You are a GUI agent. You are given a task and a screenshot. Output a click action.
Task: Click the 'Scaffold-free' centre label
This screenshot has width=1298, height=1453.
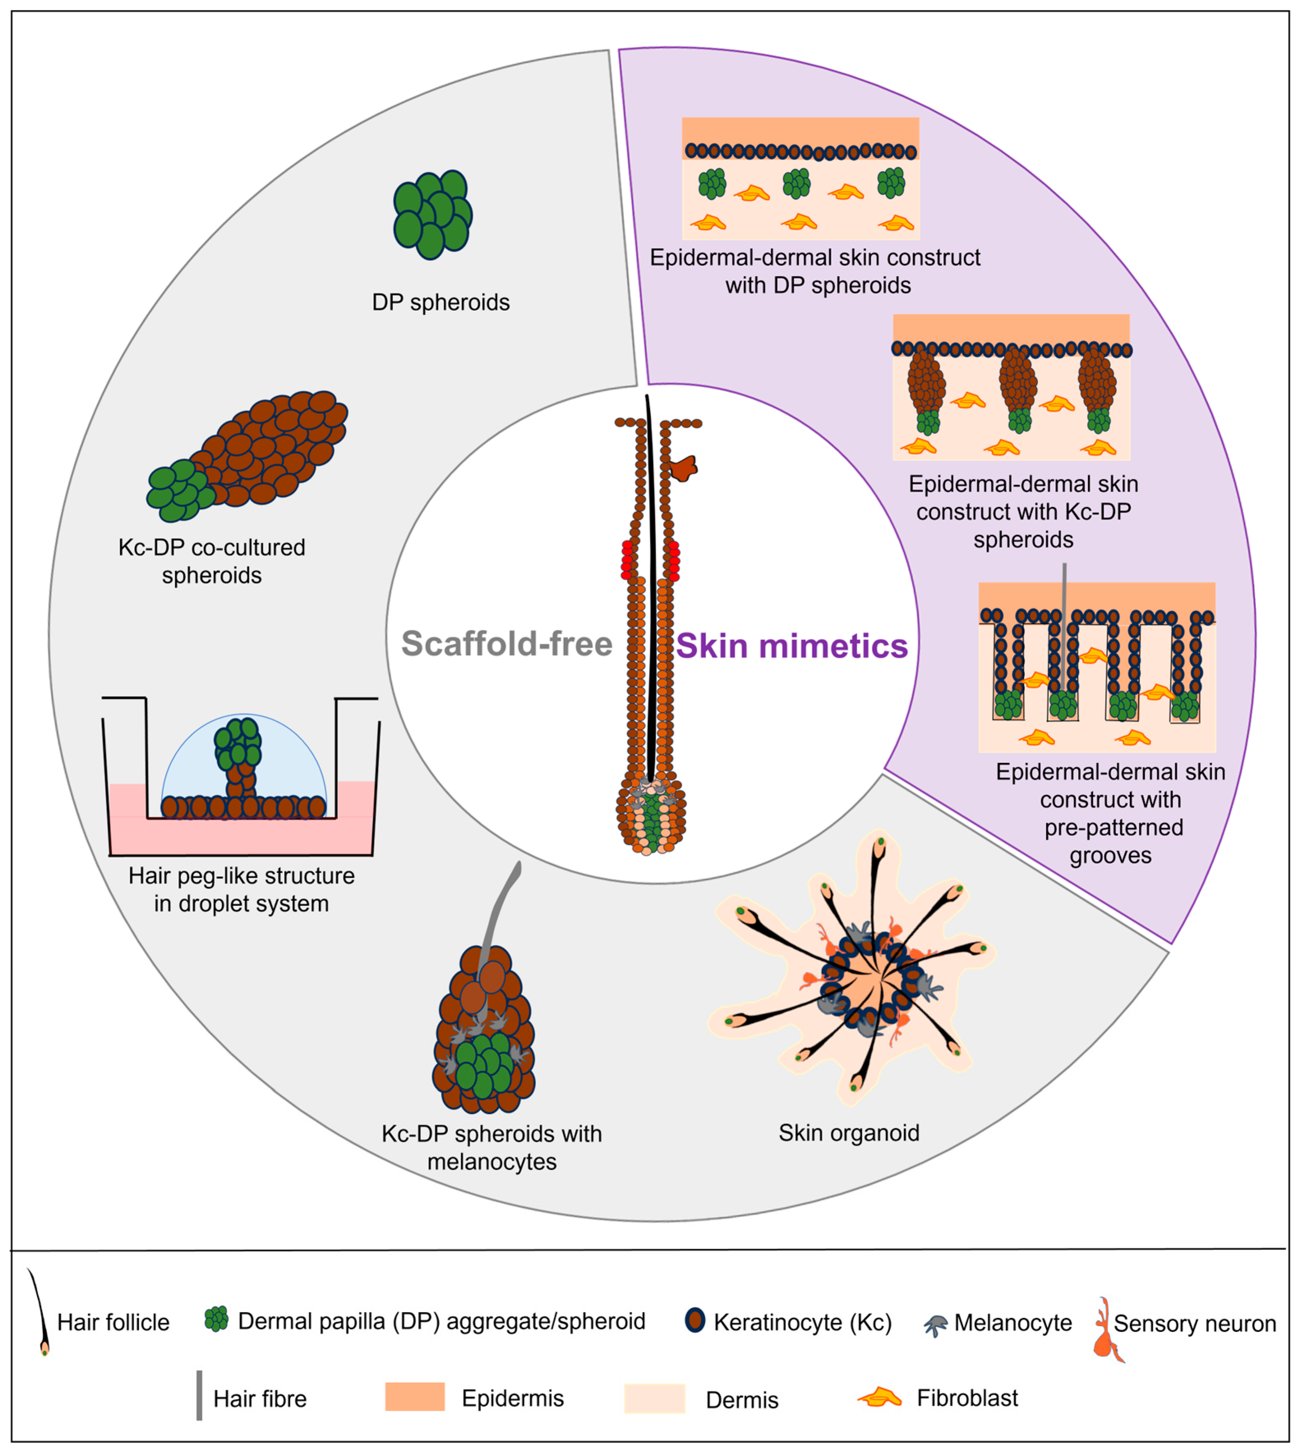[506, 644]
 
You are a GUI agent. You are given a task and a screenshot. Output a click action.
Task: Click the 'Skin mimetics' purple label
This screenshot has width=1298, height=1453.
[792, 646]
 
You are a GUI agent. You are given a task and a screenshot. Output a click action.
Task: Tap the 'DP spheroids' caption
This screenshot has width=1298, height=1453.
[441, 302]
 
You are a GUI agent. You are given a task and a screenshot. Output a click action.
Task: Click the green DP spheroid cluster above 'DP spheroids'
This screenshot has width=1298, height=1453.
[432, 214]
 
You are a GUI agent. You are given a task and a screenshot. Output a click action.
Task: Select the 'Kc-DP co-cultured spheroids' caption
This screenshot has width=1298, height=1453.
[212, 561]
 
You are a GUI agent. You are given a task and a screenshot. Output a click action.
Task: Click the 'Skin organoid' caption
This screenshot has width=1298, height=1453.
[849, 1133]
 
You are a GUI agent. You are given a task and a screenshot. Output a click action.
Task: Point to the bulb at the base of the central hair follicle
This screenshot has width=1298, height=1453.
[650, 816]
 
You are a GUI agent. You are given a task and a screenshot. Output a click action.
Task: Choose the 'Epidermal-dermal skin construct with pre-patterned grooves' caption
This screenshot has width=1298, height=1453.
[1110, 813]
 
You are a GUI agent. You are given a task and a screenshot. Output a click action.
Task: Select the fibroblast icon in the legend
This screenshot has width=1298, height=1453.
[879, 1398]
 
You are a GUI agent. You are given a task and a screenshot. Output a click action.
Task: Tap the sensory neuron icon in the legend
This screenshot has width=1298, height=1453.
[1107, 1330]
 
